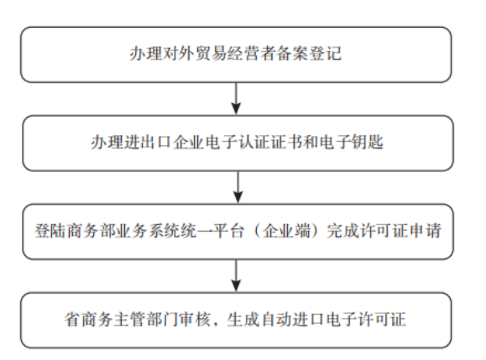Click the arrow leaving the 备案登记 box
pos(236,98)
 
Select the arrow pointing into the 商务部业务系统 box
pos(238,187)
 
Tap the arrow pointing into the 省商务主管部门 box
pos(236,276)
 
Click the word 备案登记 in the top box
pos(310,54)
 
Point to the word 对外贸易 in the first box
pos(195,54)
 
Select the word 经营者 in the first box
pos(252,54)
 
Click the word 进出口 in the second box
pos(148,142)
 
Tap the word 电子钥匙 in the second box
pos(351,142)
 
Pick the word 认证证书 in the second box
pos(270,142)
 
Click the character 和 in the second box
pos(311,142)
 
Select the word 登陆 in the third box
pos(51,231)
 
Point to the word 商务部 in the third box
pos(91,231)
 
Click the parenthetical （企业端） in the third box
pos(286,231)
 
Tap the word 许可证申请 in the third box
pos(401,231)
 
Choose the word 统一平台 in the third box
pos(212,231)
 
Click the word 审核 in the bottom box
pos(196,320)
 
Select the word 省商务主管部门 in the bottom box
pos(122,320)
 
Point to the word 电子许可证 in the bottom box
pos(365,320)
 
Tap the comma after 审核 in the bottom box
pos(216,324)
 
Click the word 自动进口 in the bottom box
pos(292,320)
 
